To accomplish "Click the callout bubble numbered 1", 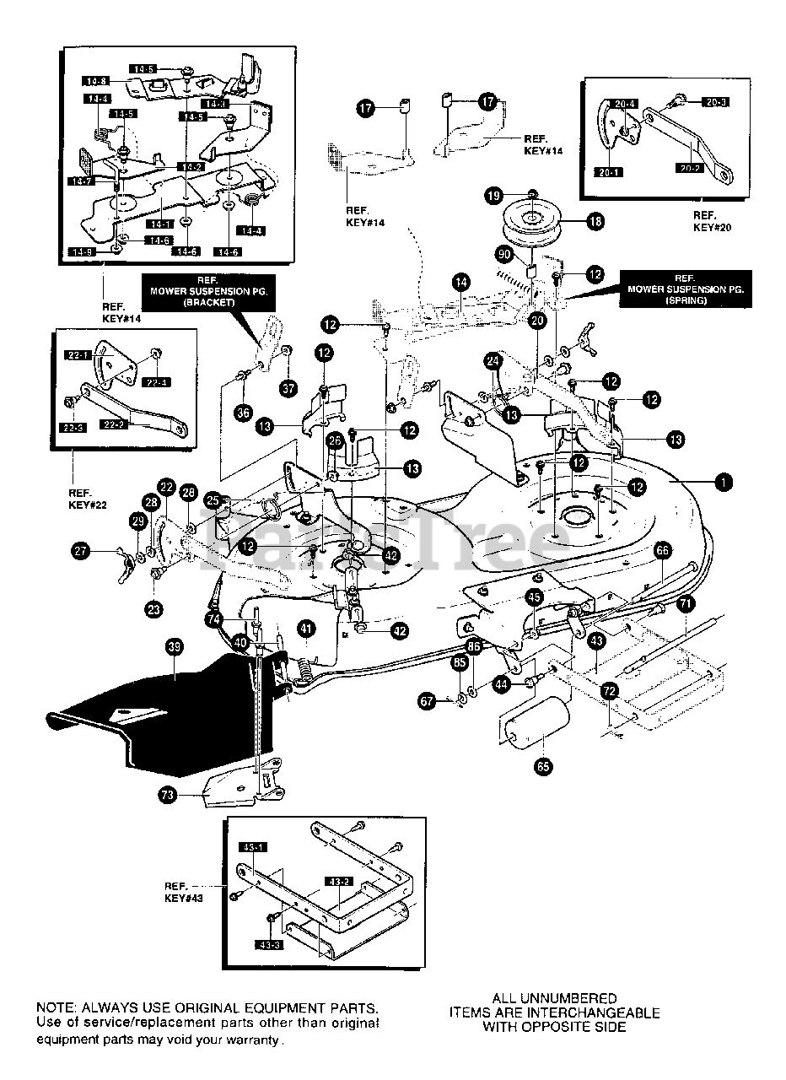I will tap(722, 483).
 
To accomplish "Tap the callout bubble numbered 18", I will tap(595, 222).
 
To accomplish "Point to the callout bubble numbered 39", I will tap(174, 647).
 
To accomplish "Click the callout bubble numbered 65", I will tap(543, 767).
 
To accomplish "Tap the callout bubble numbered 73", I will tap(168, 795).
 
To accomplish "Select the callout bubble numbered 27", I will tap(79, 551).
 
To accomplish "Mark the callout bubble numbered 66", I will tap(662, 551).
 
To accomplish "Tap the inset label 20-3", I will tap(713, 101).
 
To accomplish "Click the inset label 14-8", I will tap(94, 81).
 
